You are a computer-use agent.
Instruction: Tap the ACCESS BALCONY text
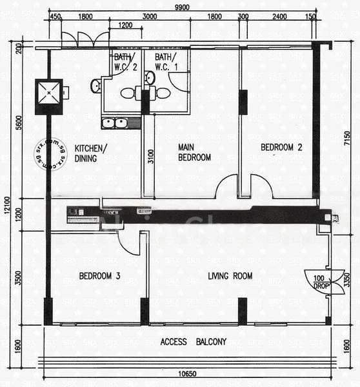pyautogui.click(x=194, y=342)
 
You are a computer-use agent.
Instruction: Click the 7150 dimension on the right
pyautogui.click(x=346, y=139)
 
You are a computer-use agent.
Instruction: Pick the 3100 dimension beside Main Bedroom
pyautogui.click(x=150, y=158)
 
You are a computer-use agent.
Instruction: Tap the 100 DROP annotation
pyautogui.click(x=319, y=282)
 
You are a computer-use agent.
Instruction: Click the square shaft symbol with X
pyautogui.click(x=49, y=96)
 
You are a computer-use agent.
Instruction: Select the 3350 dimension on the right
pyautogui.click(x=347, y=281)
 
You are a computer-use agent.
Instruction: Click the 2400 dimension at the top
pyautogui.click(x=280, y=17)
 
